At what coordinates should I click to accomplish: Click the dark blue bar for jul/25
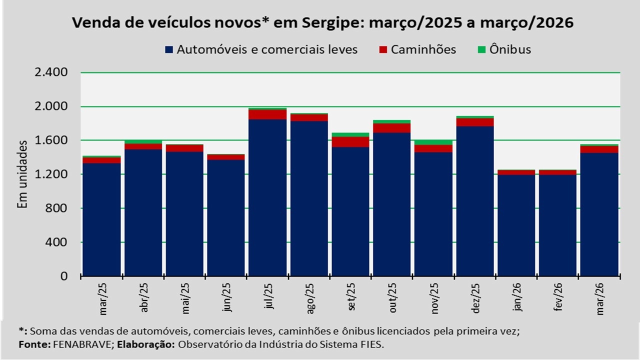click(267, 197)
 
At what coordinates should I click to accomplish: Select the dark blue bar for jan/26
click(516, 225)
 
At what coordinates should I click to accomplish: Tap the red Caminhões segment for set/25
click(350, 142)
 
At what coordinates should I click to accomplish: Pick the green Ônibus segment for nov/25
click(433, 142)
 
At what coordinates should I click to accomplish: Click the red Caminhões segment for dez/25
click(475, 122)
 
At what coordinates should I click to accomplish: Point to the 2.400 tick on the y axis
click(50, 73)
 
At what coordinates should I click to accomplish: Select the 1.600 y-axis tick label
click(50, 140)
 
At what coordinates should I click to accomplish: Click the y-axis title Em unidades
click(22, 174)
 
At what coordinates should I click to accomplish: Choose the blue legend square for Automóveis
click(168, 50)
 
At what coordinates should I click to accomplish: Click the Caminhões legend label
click(423, 49)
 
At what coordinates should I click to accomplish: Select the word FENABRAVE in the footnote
click(73, 344)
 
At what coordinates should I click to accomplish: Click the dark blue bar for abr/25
click(143, 212)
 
